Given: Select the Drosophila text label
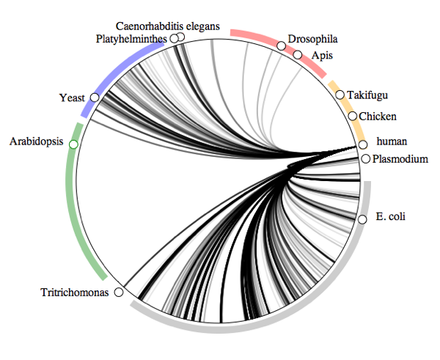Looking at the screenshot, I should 313,39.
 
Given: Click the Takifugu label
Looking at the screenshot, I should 367,95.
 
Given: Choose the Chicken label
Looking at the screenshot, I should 378,116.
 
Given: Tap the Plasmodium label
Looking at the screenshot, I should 400,158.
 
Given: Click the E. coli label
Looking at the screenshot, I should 390,216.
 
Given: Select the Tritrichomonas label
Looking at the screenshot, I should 76,293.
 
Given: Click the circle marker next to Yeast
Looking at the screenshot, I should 95,97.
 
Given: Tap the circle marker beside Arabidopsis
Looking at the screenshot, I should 73,144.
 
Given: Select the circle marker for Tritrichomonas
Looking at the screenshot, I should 120,292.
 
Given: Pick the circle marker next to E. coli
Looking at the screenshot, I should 362,219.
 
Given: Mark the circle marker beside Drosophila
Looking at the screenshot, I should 281,45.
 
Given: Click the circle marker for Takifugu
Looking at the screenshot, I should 340,95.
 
